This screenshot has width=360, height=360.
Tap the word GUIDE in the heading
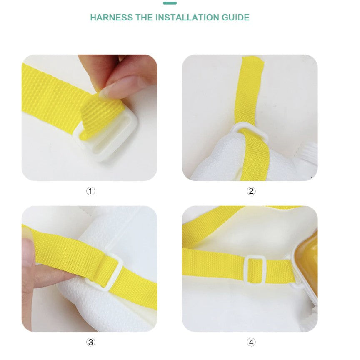(235, 17)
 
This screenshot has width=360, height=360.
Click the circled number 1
(90, 191)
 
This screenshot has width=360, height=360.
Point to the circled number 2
(251, 191)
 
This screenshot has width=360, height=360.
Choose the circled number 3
(90, 342)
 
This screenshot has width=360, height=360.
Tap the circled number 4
(251, 342)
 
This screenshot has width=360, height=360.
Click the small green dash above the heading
(170, 3)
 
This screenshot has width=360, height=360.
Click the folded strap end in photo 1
(101, 120)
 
